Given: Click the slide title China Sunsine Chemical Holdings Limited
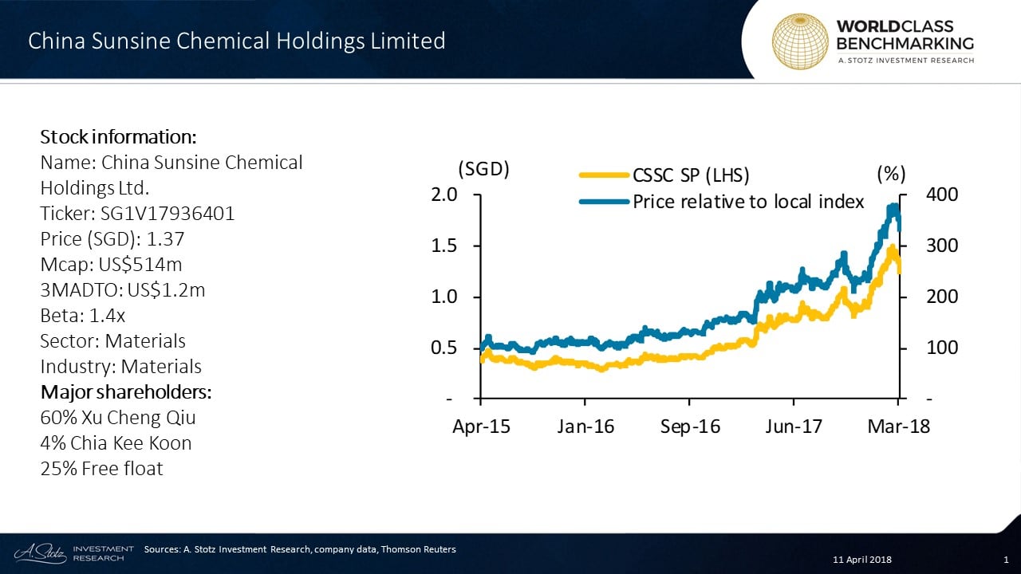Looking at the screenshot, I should pyautogui.click(x=237, y=41).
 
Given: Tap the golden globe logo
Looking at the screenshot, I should pyautogui.click(x=799, y=41).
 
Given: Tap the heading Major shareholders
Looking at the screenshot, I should pyautogui.click(x=126, y=392).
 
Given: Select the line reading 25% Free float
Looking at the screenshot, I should pyautogui.click(x=101, y=469).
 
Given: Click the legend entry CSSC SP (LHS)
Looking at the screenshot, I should pyautogui.click(x=691, y=175).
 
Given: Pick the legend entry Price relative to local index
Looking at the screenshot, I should pyautogui.click(x=748, y=202).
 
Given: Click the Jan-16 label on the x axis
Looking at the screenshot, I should pyautogui.click(x=585, y=427).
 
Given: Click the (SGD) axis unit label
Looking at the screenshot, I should pyautogui.click(x=483, y=170).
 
